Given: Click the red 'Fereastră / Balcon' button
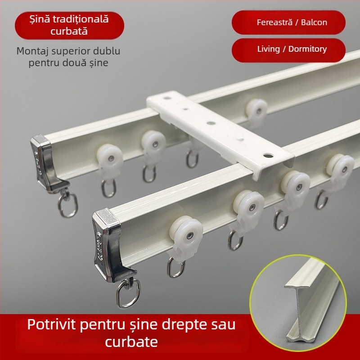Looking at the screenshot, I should (288, 22).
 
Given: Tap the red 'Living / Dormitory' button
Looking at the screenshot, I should (288, 49).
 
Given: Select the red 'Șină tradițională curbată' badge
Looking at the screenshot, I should (69, 25).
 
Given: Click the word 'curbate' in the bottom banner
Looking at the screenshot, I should (131, 342).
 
